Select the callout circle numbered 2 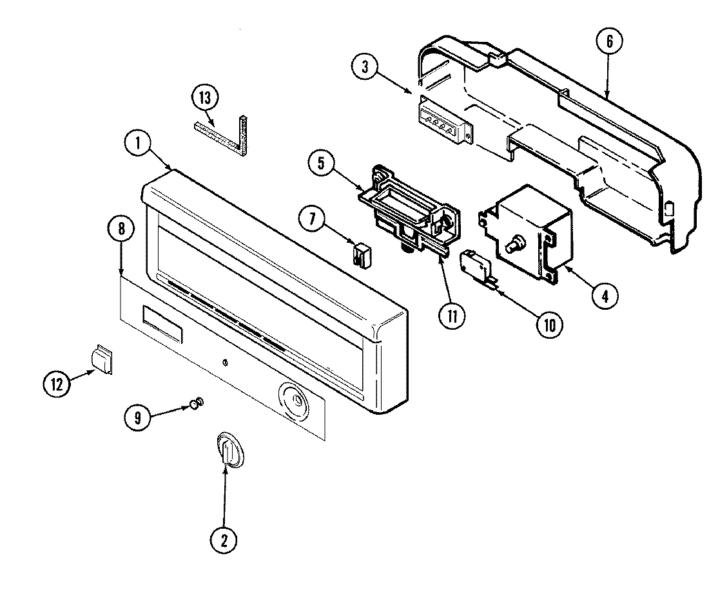pyautogui.click(x=224, y=541)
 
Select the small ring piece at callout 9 pyautogui.click(x=197, y=403)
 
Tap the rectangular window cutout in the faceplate pyautogui.click(x=160, y=322)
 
